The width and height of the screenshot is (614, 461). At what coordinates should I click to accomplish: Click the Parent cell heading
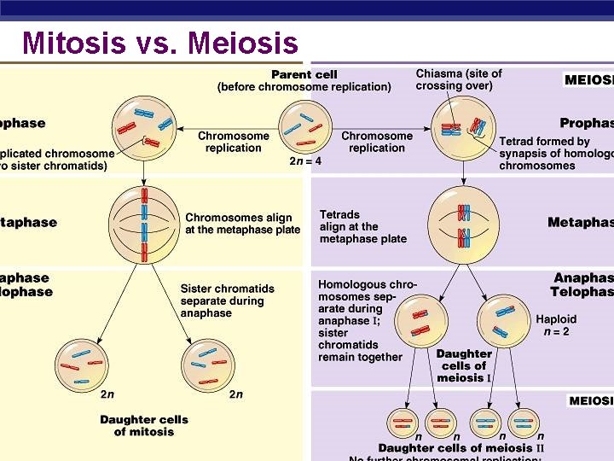tap(304, 74)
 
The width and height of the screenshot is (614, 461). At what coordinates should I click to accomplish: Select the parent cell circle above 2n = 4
tap(304, 128)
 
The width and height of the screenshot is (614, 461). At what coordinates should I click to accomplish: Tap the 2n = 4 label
tap(305, 160)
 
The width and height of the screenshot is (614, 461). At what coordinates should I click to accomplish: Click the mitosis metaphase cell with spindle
tap(144, 225)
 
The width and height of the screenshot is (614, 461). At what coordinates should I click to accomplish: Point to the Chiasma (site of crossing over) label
tap(459, 79)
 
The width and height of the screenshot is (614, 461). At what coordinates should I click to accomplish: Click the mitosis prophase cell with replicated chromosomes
tap(144, 126)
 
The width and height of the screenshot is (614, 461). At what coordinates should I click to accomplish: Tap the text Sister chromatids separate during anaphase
tap(222, 301)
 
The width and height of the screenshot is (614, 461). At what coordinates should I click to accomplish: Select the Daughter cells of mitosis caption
tap(144, 425)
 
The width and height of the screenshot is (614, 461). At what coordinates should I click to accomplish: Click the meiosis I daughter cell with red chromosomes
tap(420, 322)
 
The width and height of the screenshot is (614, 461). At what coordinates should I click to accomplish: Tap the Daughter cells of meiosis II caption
tap(460, 448)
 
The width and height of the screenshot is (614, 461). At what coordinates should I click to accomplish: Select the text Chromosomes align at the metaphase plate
tap(242, 224)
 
